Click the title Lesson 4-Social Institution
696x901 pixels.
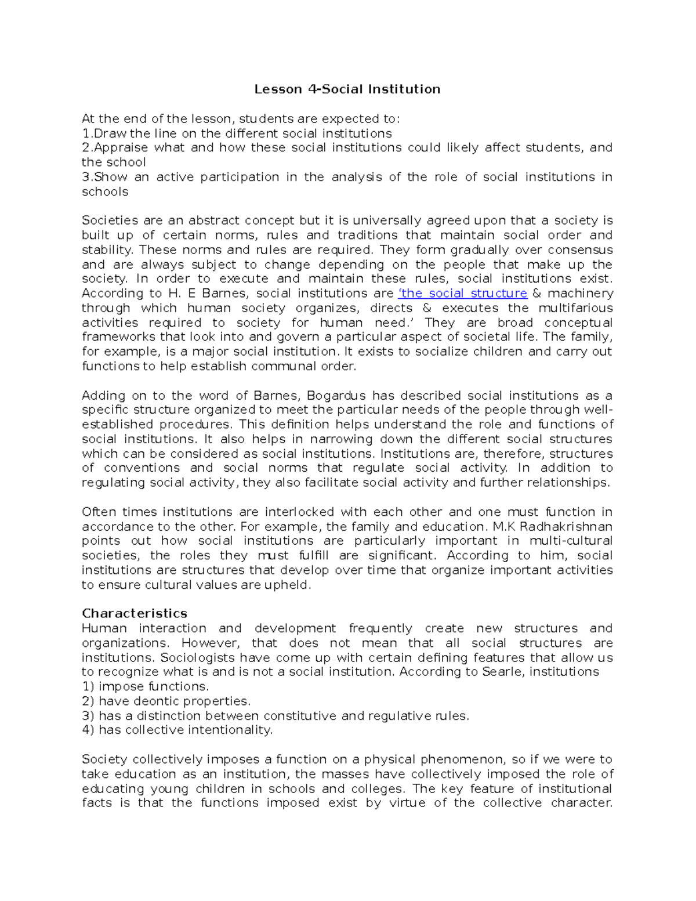click(x=347, y=89)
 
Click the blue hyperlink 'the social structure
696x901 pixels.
click(x=463, y=294)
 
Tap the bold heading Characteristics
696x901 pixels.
click(x=135, y=614)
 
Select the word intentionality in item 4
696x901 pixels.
click(x=232, y=730)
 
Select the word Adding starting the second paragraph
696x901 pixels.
click(x=103, y=396)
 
